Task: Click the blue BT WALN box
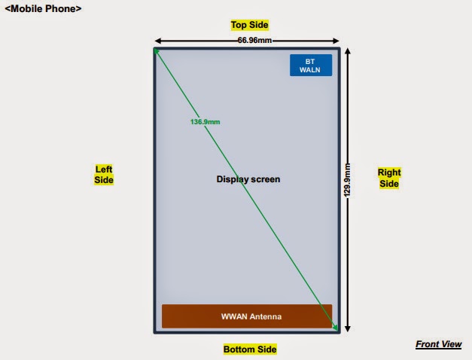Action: pyautogui.click(x=311, y=65)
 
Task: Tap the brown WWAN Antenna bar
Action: pyautogui.click(x=247, y=316)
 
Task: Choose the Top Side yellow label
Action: pyautogui.click(x=249, y=25)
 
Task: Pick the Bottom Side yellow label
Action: pyautogui.click(x=250, y=349)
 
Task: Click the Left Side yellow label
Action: pyautogui.click(x=104, y=175)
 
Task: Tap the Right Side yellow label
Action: pyautogui.click(x=389, y=178)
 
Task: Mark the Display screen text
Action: pyautogui.click(x=248, y=179)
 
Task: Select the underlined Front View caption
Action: pyautogui.click(x=438, y=344)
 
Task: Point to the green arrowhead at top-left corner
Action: pyautogui.click(x=156, y=50)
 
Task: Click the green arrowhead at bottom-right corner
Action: pyautogui.click(x=336, y=328)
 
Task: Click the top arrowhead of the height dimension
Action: pyautogui.click(x=347, y=51)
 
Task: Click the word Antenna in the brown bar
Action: pyautogui.click(x=266, y=317)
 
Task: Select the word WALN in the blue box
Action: pyautogui.click(x=311, y=69)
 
